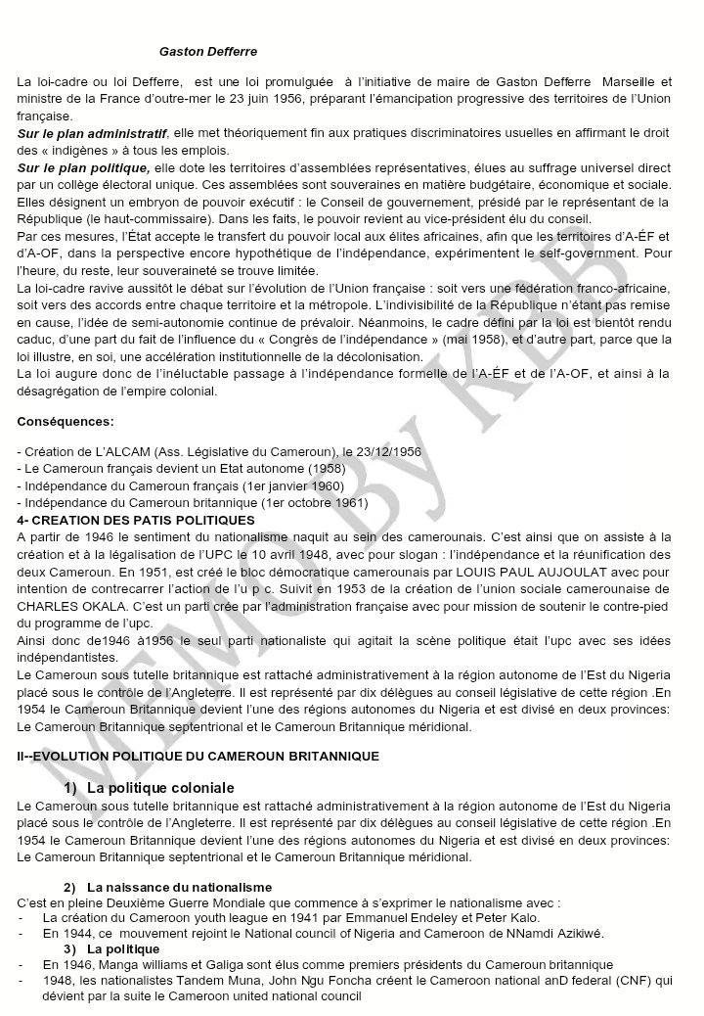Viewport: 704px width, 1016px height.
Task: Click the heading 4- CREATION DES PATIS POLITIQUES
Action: click(x=136, y=519)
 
